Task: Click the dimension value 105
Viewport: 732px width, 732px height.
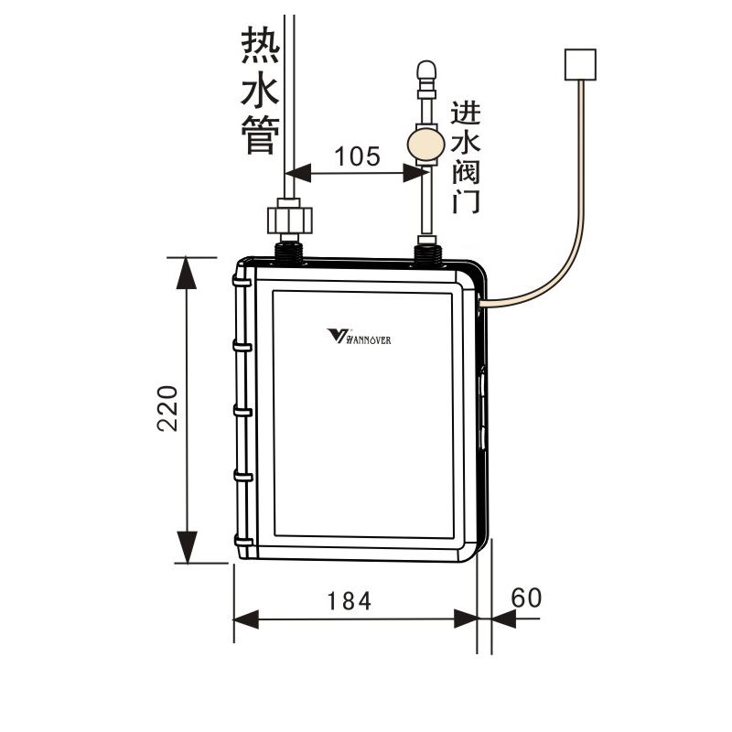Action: click(356, 156)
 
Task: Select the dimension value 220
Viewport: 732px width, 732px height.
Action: click(167, 408)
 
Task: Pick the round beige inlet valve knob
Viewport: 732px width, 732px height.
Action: click(425, 145)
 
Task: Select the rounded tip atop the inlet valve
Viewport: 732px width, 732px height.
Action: click(425, 70)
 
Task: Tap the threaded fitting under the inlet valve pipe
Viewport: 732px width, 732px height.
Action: click(426, 250)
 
